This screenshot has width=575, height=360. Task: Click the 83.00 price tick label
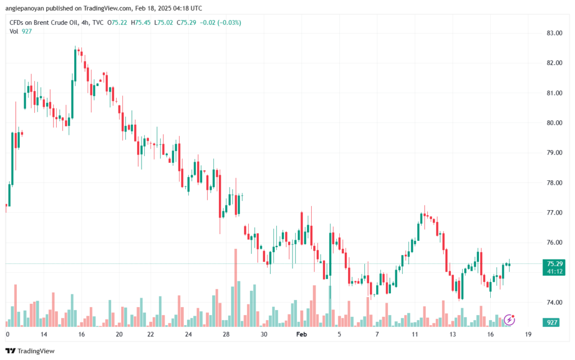555,33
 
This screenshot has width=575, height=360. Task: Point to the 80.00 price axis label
555,123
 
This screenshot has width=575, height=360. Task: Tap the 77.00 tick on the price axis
555,213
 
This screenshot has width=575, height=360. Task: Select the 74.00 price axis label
555,303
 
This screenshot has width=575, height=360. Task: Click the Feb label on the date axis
302,334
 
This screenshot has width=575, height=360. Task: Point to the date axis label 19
528,334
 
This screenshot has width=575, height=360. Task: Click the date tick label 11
415,334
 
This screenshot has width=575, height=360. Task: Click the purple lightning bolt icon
510,320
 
